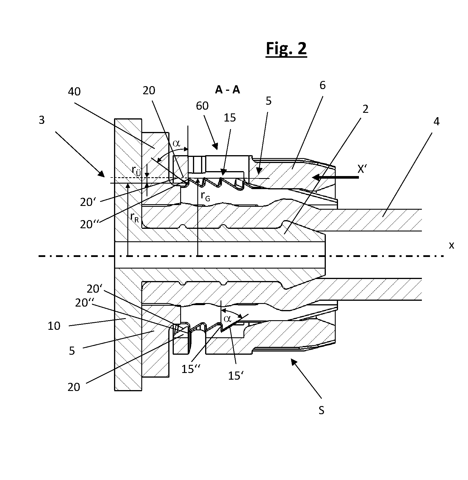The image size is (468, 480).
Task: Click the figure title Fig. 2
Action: [286, 48]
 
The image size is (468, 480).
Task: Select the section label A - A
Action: [227, 90]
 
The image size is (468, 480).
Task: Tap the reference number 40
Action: [74, 92]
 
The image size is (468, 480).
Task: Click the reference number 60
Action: [202, 106]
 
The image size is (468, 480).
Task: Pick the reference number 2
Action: [365, 109]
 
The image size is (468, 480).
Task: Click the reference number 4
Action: [436, 121]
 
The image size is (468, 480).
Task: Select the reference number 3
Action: [42, 120]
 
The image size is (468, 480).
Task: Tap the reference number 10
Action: [54, 326]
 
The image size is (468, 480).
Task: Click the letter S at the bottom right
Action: [321, 410]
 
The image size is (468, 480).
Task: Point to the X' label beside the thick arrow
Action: [363, 169]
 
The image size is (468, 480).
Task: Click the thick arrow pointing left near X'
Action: [337, 177]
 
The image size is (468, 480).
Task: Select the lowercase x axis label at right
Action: [451, 245]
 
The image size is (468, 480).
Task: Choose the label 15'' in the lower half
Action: [190, 369]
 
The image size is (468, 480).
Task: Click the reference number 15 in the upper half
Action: [230, 118]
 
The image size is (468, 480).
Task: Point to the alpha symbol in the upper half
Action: [176, 143]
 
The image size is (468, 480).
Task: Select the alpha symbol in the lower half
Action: [227, 319]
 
